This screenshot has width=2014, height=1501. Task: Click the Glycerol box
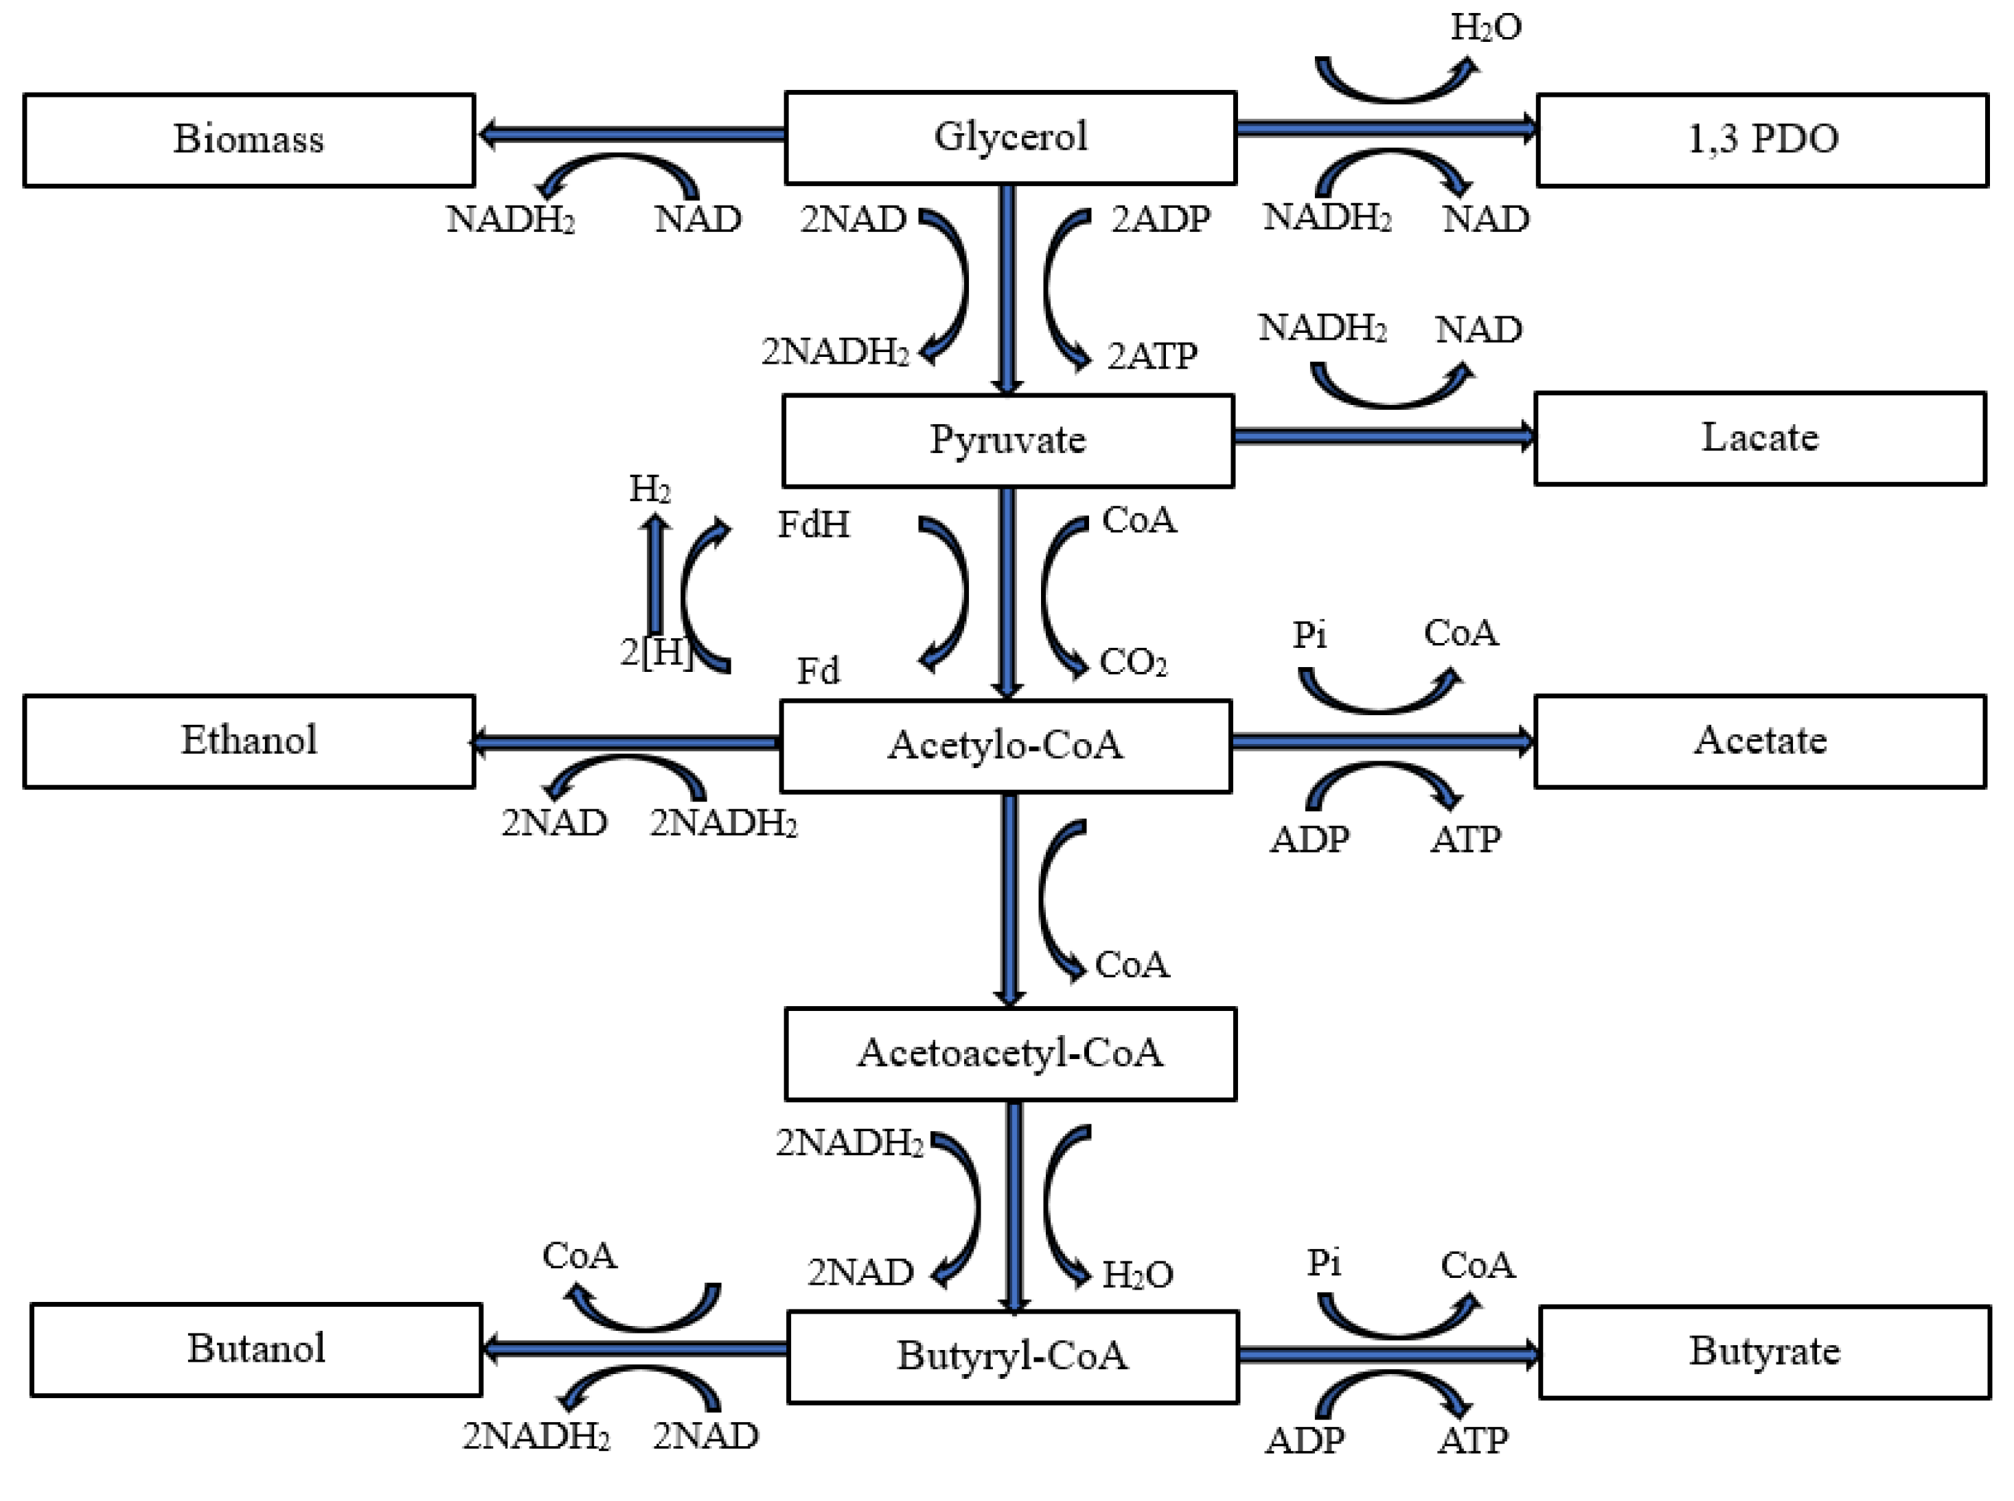1009,138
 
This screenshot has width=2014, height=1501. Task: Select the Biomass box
249,140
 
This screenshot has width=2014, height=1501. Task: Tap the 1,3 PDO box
1762,140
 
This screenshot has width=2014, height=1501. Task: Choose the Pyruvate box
1008,441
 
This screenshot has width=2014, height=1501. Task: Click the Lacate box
1759,439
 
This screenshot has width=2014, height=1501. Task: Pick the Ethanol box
249,741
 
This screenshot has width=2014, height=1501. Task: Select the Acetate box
1759,741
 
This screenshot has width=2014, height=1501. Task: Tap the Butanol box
256,1349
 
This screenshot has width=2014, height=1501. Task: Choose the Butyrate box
1764,1352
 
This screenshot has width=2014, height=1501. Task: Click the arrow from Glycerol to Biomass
631,135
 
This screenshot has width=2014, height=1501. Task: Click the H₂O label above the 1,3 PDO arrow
1486,27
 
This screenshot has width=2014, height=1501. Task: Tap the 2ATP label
1152,356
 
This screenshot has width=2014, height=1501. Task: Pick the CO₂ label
1132,662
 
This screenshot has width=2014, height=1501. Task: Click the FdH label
814,525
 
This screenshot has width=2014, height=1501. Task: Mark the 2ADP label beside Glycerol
1160,220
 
